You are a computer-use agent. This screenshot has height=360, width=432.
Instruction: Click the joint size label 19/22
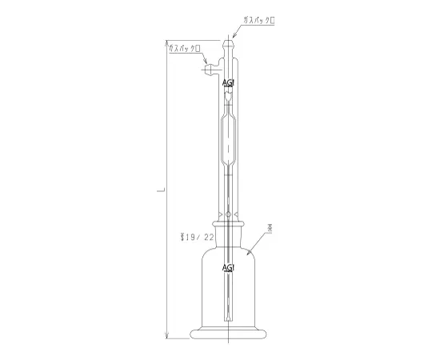[201, 238]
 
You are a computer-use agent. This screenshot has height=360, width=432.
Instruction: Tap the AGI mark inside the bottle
[228, 267]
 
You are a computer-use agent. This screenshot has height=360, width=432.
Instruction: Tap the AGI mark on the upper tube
[228, 82]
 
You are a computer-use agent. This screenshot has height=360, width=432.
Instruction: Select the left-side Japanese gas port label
[185, 49]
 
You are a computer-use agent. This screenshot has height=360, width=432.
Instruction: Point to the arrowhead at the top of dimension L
[166, 42]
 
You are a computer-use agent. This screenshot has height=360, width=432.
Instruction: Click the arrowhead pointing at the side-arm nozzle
[206, 62]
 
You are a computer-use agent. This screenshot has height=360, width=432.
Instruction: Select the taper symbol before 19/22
[183, 238]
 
